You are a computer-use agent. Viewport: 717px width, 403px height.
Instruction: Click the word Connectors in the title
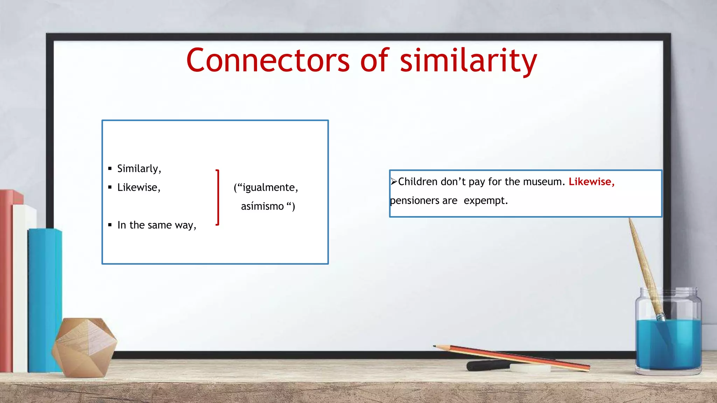point(268,61)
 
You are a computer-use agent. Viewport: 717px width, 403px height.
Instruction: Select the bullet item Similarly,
point(139,169)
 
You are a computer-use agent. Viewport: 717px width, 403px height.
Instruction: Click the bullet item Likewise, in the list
point(139,188)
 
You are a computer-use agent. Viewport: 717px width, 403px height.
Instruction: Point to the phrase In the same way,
point(156,225)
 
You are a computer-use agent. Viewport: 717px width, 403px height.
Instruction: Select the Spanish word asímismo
point(262,206)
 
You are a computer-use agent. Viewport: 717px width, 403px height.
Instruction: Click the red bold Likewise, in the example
point(591,182)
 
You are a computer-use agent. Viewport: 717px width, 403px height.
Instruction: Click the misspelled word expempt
point(485,201)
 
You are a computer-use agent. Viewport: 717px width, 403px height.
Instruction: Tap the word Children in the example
point(418,182)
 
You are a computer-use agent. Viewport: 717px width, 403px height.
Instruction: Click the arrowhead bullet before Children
point(394,181)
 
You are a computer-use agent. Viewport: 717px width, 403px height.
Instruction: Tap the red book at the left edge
point(6,280)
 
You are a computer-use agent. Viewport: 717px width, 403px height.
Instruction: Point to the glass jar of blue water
point(668,336)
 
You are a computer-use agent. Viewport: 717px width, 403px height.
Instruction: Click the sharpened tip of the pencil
point(435,346)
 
